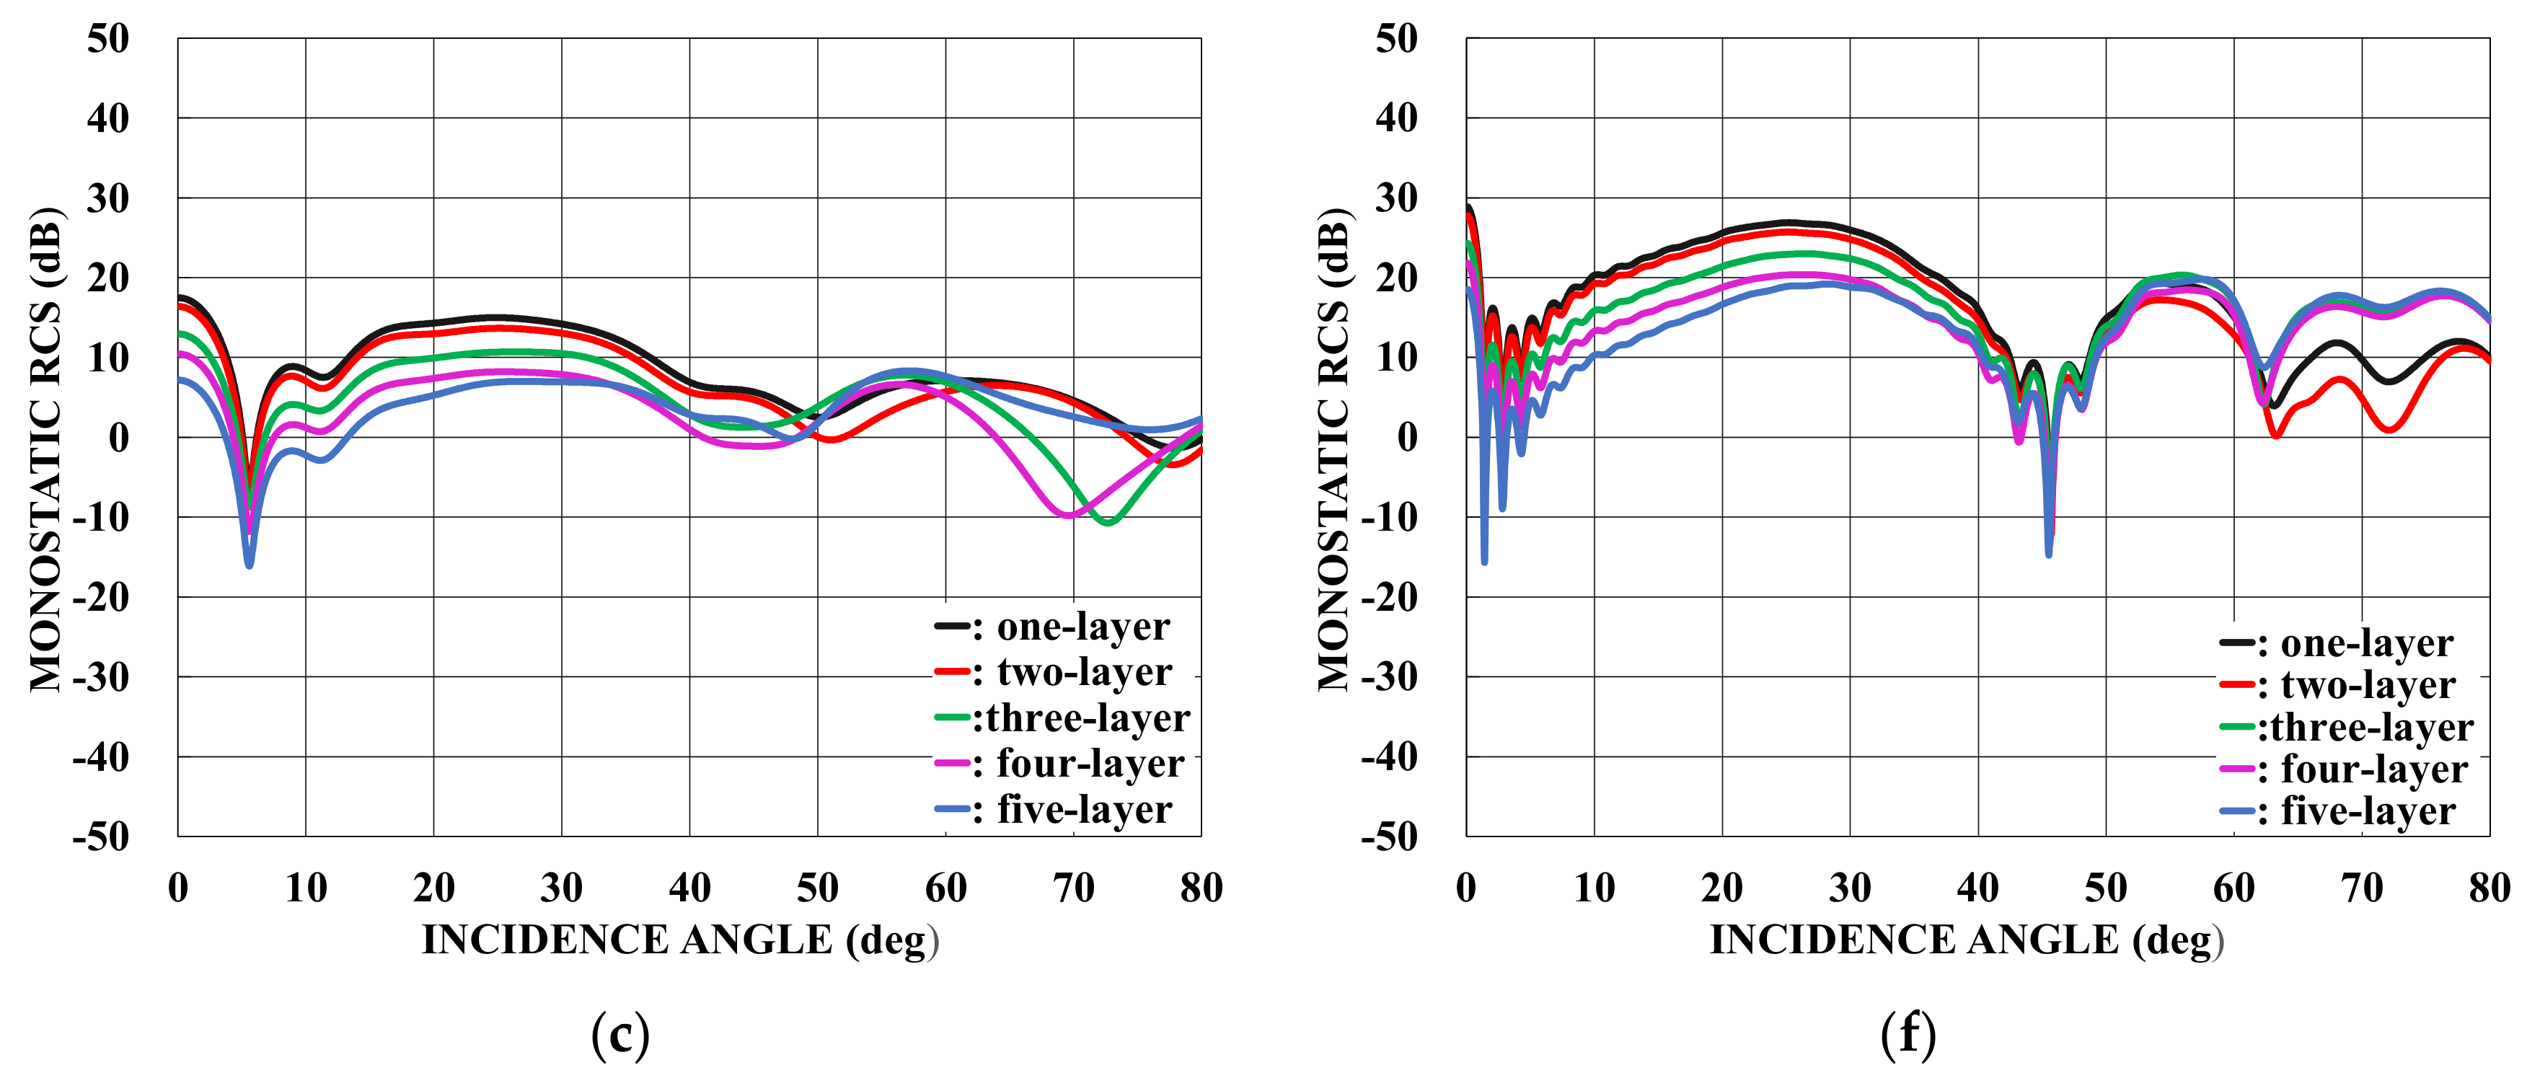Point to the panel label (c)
(620, 1034)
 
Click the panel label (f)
(1908, 1034)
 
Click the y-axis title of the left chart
(46, 449)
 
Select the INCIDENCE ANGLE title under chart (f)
(1967, 940)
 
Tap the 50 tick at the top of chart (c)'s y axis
(108, 39)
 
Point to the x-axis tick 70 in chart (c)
(1073, 888)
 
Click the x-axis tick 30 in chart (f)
(1850, 888)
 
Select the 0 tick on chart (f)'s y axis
(1407, 438)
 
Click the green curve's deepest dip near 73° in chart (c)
(1108, 523)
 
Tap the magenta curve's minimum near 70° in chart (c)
(1068, 515)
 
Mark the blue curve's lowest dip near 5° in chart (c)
(250, 565)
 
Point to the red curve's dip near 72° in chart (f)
(2390, 428)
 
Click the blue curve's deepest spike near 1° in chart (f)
(1484, 561)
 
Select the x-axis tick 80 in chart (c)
(1201, 888)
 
